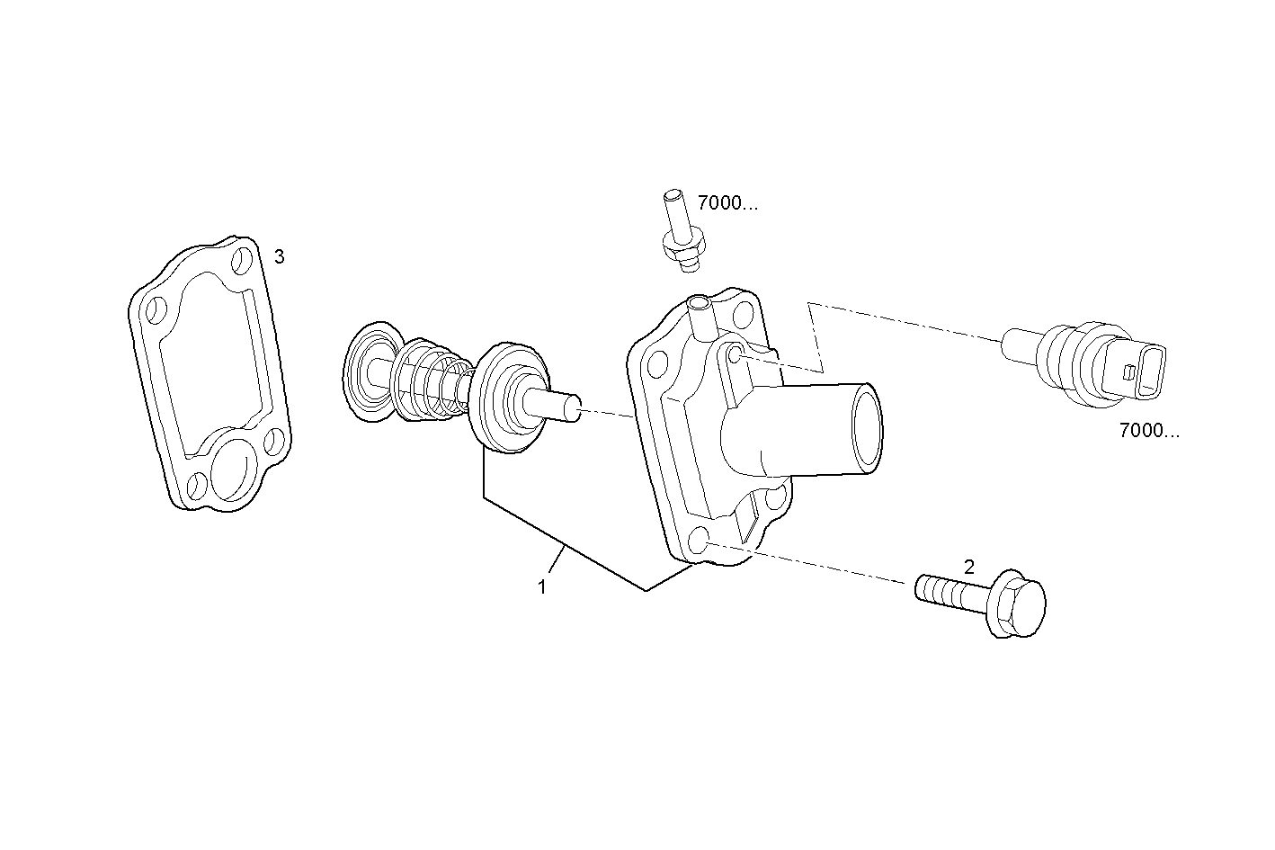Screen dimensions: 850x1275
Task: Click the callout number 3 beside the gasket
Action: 280,257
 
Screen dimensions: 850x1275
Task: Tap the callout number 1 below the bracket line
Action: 542,587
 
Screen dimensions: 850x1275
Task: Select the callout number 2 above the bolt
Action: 968,568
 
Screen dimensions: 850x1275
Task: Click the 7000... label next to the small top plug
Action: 727,203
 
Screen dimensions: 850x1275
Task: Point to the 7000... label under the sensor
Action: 1149,431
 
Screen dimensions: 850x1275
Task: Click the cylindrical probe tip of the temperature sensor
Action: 1020,343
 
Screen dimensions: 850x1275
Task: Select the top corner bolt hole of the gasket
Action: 242,262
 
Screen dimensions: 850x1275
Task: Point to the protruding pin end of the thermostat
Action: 561,407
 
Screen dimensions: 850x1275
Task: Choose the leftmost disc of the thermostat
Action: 371,370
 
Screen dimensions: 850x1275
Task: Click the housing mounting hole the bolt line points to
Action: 700,541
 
